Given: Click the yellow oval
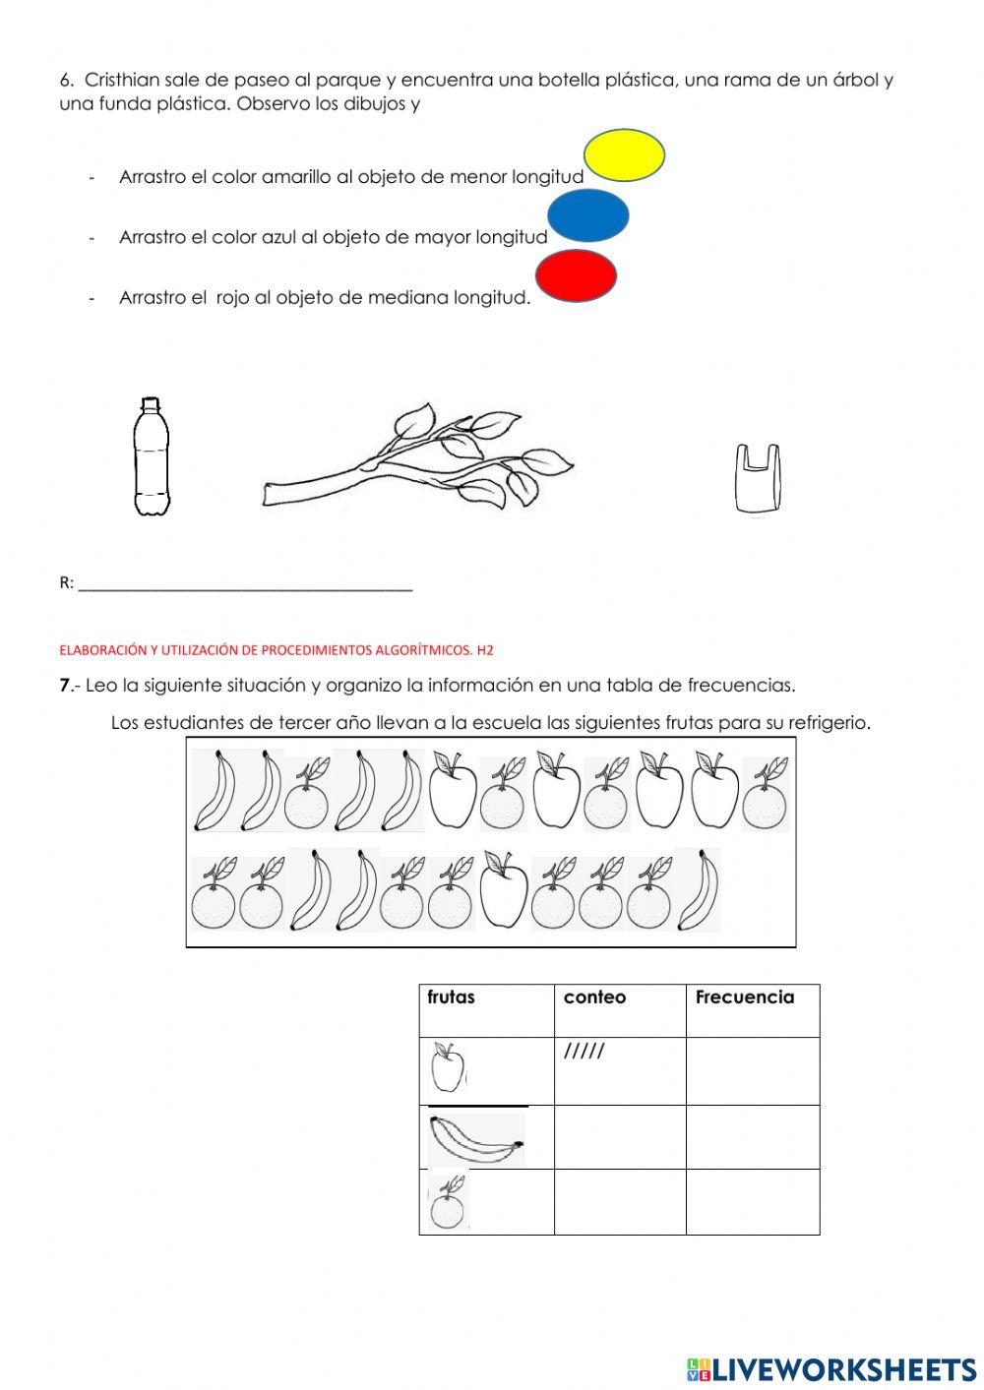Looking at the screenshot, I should click(x=624, y=155).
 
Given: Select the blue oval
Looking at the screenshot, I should click(x=587, y=216).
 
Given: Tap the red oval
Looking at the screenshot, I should click(x=577, y=276).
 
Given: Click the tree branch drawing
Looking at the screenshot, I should click(x=418, y=457).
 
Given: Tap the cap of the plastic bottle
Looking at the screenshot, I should click(x=150, y=402).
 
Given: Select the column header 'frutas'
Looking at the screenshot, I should click(x=451, y=997).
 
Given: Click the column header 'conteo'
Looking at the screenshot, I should click(x=594, y=997).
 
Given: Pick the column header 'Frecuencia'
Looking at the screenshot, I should click(x=744, y=997).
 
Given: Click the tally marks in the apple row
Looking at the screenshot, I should click(x=584, y=1053).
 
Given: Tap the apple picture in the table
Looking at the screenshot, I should click(x=448, y=1069).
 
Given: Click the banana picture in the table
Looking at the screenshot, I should click(x=476, y=1139).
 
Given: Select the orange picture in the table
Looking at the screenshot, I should click(x=447, y=1203).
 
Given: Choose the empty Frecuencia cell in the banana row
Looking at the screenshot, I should click(x=753, y=1137).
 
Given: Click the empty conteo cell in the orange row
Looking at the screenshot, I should click(x=620, y=1201).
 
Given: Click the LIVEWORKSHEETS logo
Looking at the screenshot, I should click(x=831, y=1368).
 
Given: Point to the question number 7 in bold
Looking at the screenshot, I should click(x=64, y=686).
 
